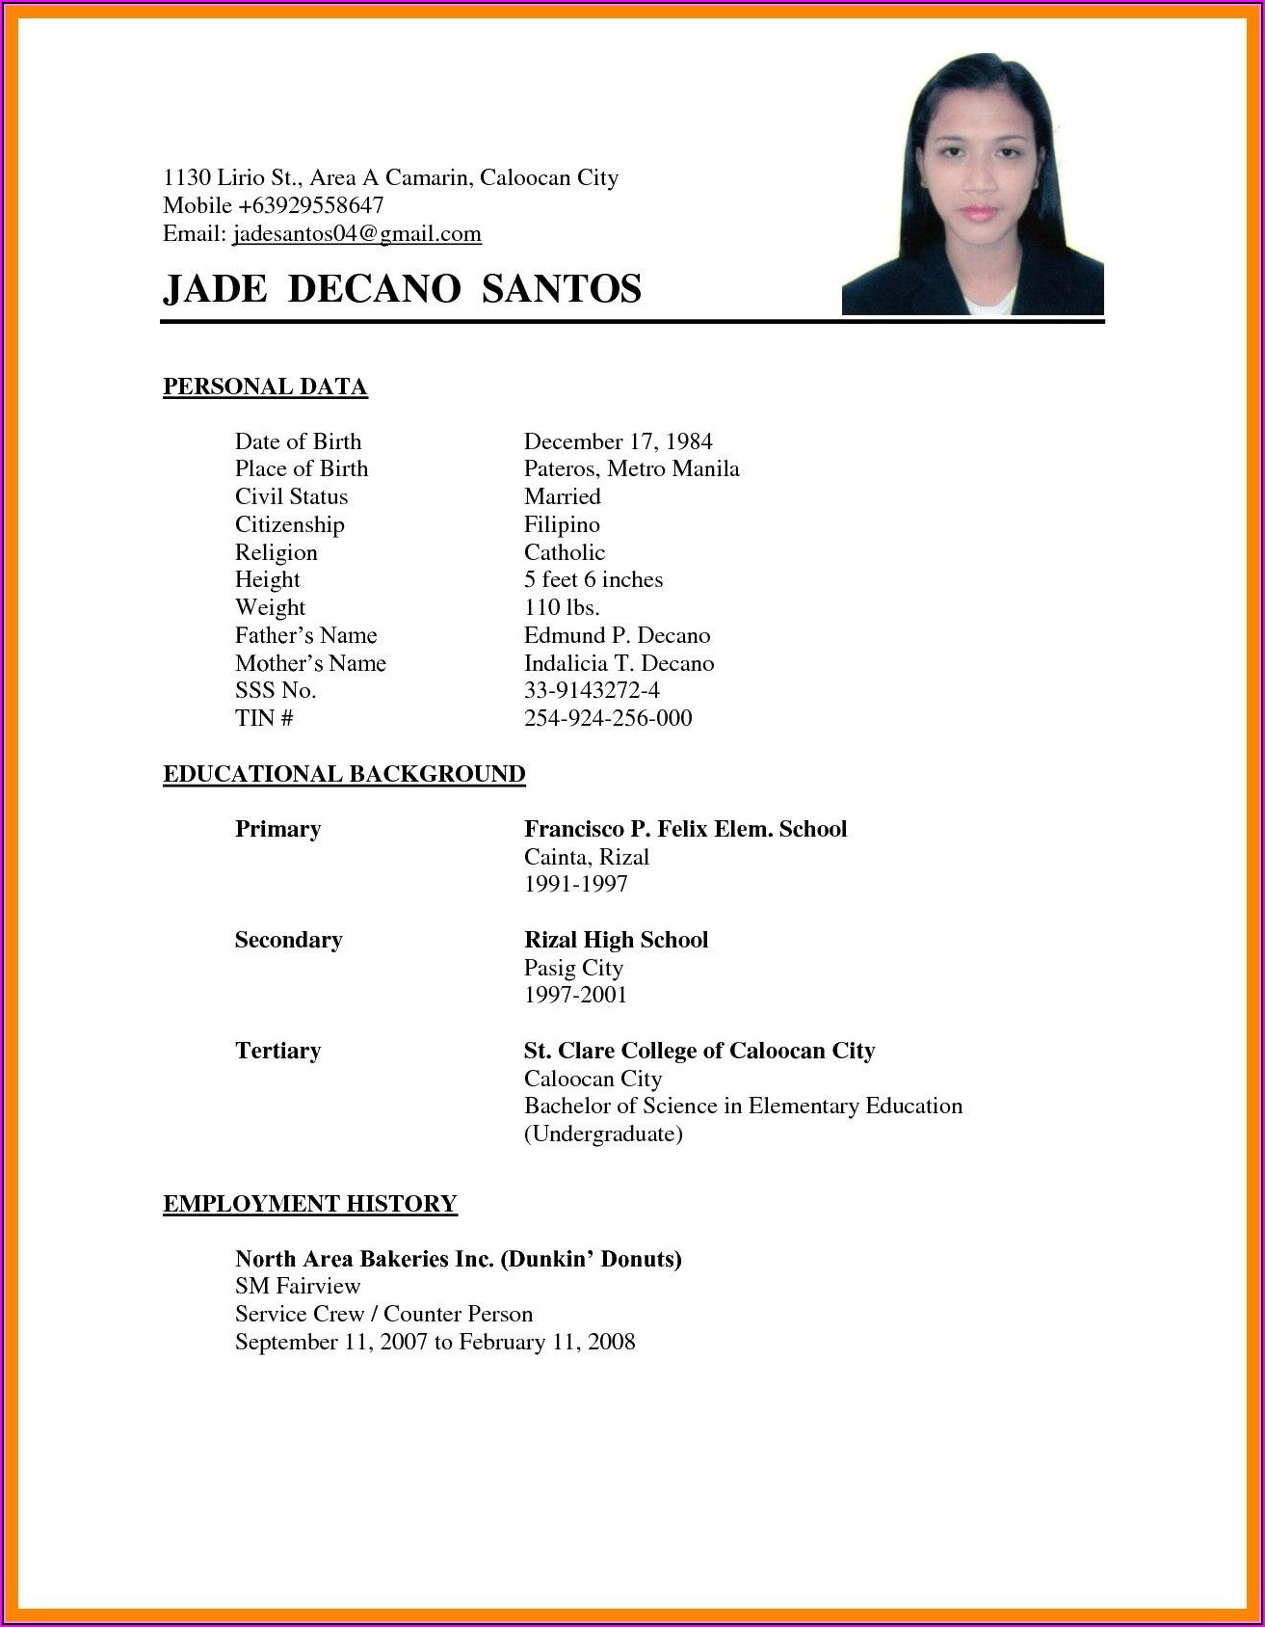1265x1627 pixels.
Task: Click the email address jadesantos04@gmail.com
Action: [356, 233]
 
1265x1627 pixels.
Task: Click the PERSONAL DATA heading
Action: [265, 387]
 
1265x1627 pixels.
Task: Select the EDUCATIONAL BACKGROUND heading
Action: [344, 774]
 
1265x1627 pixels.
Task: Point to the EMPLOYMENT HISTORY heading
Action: [309, 1203]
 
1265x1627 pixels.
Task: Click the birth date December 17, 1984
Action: [618, 441]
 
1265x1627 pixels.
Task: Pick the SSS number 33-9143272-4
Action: [592, 690]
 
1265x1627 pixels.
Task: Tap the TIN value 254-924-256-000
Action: [608, 718]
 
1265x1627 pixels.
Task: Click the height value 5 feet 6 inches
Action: [593, 579]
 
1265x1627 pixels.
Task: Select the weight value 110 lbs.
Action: [562, 607]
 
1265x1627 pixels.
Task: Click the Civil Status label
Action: [291, 496]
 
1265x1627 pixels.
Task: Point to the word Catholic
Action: [565, 552]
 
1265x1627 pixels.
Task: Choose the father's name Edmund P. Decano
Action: [617, 635]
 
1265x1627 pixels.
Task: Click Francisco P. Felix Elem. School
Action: [685, 829]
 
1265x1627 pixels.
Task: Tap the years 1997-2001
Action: [575, 995]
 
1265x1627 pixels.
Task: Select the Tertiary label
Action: [277, 1051]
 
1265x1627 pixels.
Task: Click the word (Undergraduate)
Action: [603, 1134]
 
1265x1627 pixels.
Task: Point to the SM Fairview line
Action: [298, 1286]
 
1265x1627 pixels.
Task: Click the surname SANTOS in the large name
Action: [562, 289]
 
